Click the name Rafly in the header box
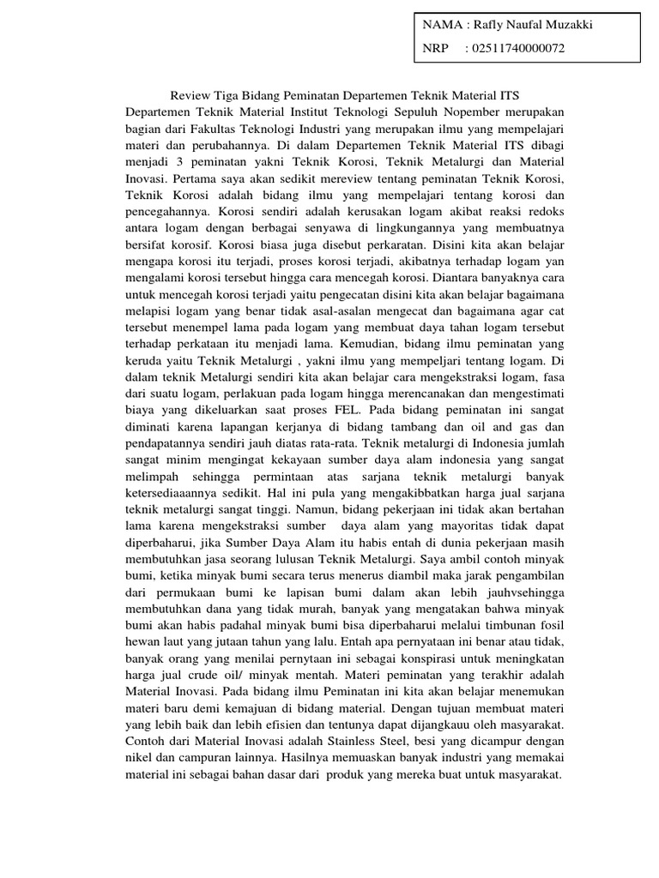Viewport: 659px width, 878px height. point(487,25)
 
